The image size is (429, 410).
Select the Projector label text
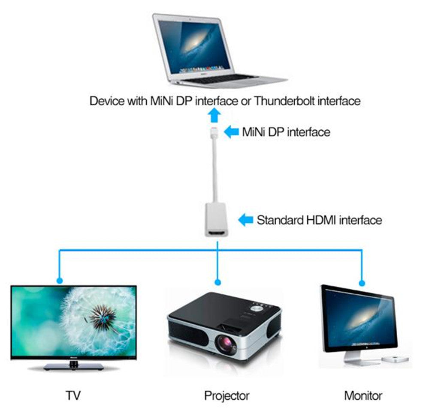pos(227,395)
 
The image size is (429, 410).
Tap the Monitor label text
pos(363,395)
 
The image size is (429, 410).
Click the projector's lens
pos(227,343)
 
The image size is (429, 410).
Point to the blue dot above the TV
pos(59,281)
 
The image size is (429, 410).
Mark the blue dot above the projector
pos(218,282)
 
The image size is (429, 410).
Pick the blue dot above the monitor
pos(362,283)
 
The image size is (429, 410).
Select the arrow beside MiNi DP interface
pos(232,132)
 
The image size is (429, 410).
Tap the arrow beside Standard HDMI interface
pos(245,220)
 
